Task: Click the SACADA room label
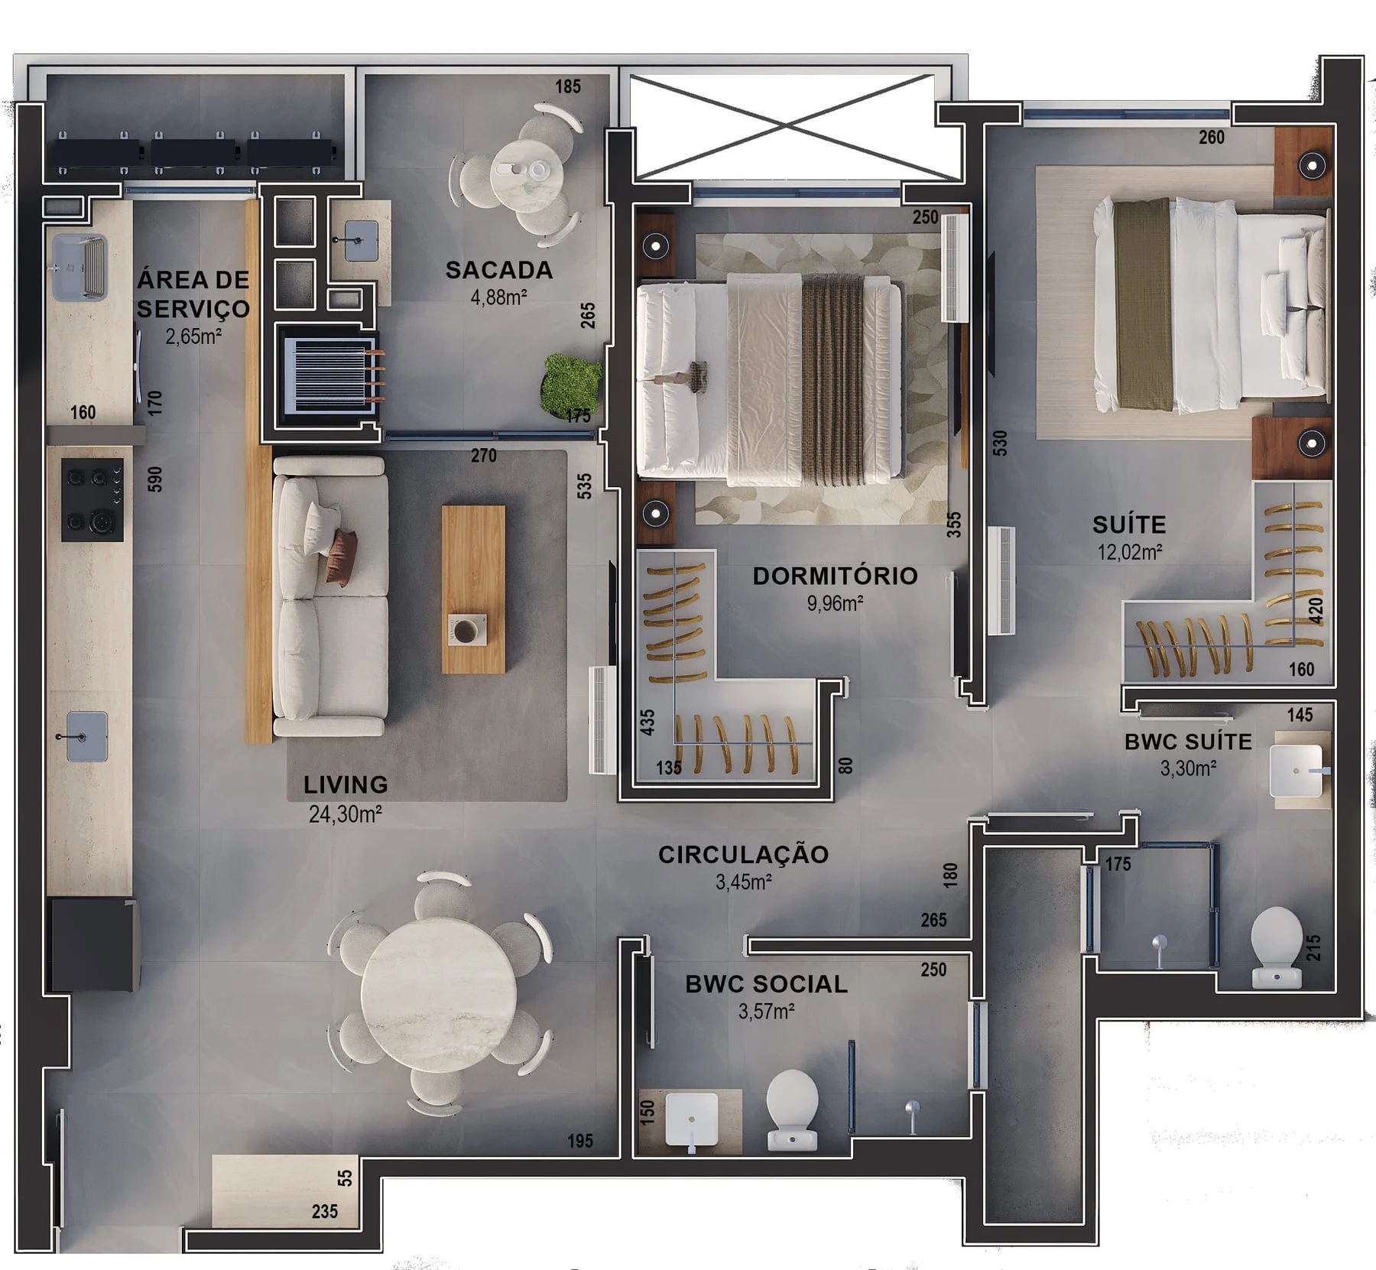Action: tap(498, 270)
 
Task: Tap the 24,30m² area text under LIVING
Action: tap(345, 814)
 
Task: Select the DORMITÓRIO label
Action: tap(835, 576)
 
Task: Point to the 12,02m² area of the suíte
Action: tap(1130, 551)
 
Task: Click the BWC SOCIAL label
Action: tap(766, 984)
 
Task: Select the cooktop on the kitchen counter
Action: tap(92, 500)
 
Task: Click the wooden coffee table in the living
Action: tap(473, 590)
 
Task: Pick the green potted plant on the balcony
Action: tap(572, 383)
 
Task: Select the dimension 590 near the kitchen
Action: tap(155, 479)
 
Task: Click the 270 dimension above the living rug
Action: tap(483, 456)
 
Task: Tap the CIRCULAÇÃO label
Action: tap(743, 855)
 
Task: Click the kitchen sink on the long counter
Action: tap(86, 736)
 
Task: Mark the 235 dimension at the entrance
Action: tap(325, 1211)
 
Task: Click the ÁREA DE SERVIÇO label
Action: tap(193, 294)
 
